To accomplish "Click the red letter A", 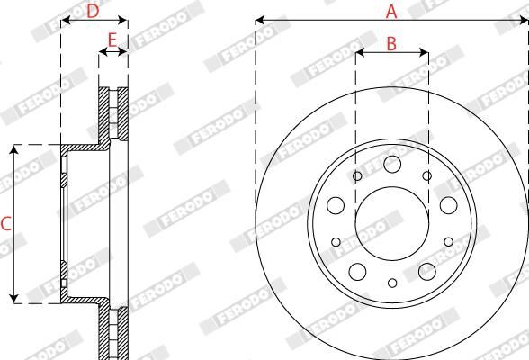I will coord(391,11).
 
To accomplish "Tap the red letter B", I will coord(391,42).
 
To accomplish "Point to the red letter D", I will coord(92,11).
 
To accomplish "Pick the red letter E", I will coord(112,40).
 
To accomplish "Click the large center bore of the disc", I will coord(391,220).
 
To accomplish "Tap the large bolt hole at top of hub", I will coord(391,165).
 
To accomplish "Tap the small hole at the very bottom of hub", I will coord(391,283).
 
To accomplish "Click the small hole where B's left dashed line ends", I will coord(357,176).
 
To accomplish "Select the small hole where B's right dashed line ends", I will coord(427,176).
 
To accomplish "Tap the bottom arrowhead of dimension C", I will coord(14,297).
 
